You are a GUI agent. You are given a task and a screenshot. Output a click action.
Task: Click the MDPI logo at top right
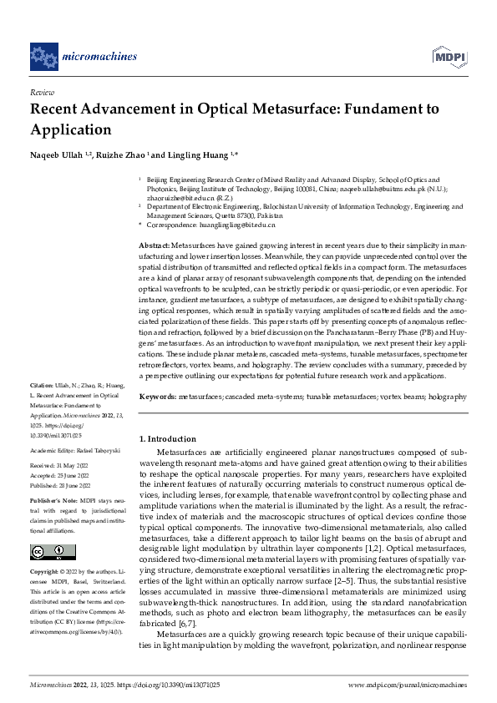point(449,56)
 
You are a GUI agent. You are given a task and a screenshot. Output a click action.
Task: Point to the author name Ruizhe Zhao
point(123,155)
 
